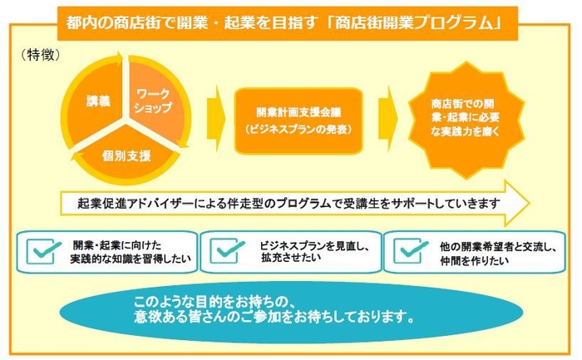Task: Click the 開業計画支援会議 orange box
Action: [299, 120]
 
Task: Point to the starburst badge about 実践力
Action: [466, 117]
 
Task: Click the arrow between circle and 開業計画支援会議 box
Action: [215, 116]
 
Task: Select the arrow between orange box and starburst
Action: [387, 116]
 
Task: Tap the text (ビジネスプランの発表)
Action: [299, 130]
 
